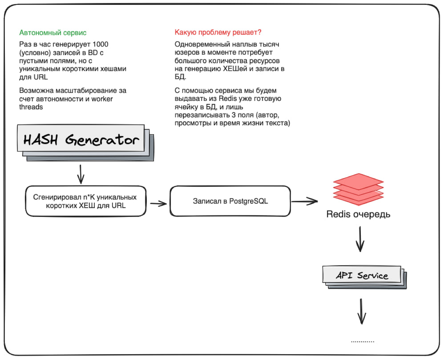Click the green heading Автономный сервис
[53, 33]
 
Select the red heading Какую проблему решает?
[218, 32]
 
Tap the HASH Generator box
[81, 138]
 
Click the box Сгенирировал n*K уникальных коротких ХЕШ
[86, 201]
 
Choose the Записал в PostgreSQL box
[230, 201]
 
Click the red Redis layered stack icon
[358, 189]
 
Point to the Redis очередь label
[358, 214]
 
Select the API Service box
[361, 274]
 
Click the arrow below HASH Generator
[81, 174]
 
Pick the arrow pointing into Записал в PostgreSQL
[158, 203]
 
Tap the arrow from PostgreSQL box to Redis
[305, 201]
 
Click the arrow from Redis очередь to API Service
[360, 239]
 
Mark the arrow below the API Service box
[361, 312]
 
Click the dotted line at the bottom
[363, 342]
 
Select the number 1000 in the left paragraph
[100, 44]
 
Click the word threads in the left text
[31, 107]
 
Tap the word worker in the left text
[102, 99]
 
